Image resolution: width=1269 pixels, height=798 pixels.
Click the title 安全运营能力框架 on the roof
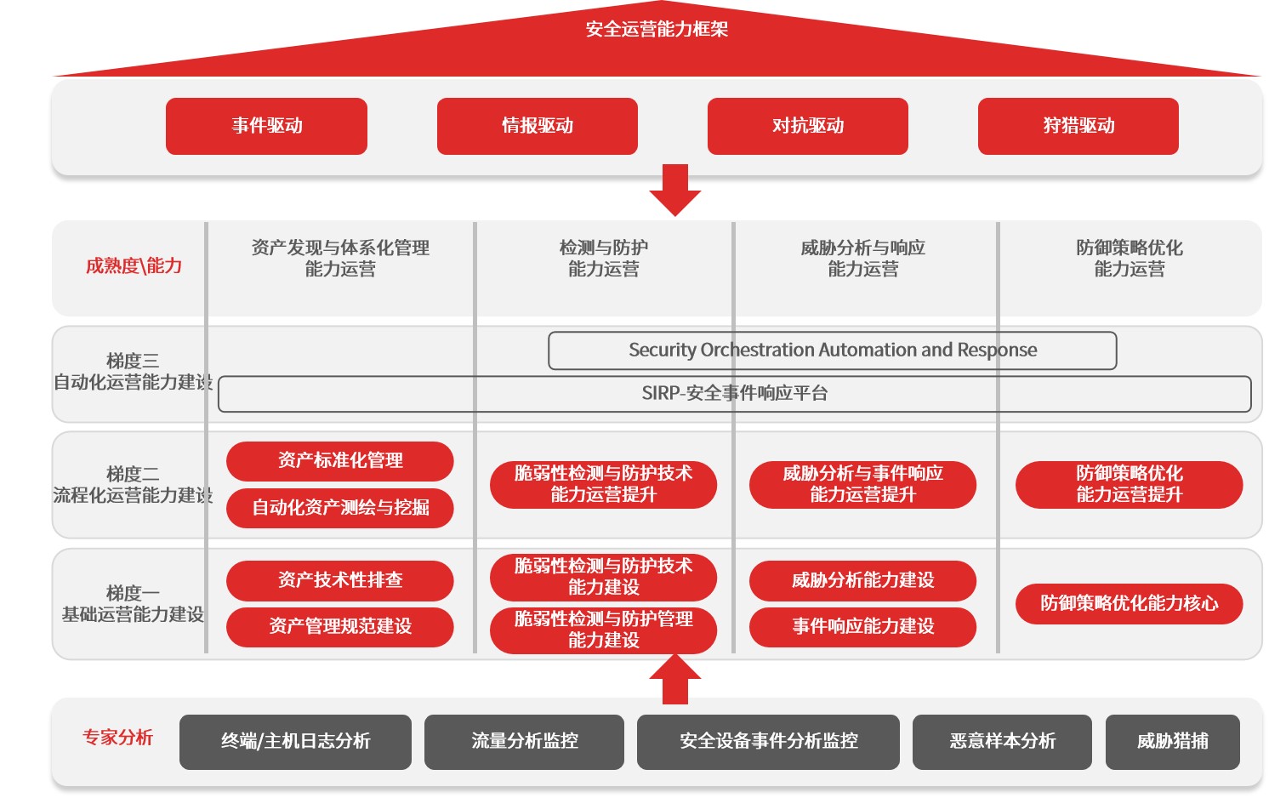pos(657,30)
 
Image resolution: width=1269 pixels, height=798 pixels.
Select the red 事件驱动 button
pos(266,126)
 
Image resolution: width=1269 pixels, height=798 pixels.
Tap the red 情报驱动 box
pos(537,126)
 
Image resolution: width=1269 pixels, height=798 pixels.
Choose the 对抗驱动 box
pos(807,126)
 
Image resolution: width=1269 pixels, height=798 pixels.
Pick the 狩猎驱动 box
pos(1078,126)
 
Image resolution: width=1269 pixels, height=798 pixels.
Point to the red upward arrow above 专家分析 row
pos(674,679)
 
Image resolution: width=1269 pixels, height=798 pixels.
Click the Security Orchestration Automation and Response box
pos(832,351)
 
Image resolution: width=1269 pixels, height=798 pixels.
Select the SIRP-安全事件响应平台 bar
pos(734,394)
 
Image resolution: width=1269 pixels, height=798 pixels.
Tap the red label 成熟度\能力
pos(134,266)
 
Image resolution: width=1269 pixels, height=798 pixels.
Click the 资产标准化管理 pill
pos(339,461)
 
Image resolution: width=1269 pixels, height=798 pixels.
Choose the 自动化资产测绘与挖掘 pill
pos(339,508)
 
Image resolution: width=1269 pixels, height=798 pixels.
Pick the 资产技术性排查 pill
pos(339,580)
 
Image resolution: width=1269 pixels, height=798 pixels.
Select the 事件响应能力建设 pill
pos(862,627)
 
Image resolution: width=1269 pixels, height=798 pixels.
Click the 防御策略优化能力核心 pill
pos(1129,604)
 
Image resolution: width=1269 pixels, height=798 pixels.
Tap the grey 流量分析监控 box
pos(524,742)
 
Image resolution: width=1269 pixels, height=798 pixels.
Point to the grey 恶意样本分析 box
pos(1002,742)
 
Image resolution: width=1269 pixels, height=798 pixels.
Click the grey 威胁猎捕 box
pos(1172,742)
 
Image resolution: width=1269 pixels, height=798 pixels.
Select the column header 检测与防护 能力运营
pos(603,259)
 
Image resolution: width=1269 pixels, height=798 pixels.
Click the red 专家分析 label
pos(117,738)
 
